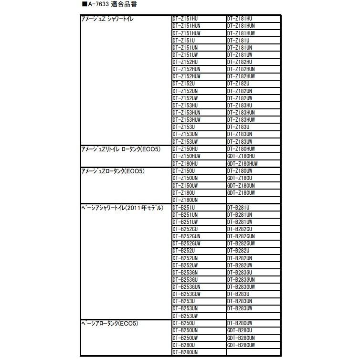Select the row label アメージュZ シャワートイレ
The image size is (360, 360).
(109, 19)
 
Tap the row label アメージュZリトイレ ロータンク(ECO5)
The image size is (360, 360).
(120, 149)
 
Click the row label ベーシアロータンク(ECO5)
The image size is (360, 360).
(110, 323)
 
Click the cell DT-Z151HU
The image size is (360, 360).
(184, 19)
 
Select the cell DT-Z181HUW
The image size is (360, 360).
(241, 33)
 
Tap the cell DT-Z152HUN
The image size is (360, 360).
(186, 69)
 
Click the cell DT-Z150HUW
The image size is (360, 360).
(186, 156)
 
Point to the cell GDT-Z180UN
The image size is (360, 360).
(241, 185)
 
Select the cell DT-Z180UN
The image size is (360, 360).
(185, 200)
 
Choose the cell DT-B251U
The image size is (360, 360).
(183, 208)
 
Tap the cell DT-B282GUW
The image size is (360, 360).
(241, 244)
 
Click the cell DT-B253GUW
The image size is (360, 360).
(186, 294)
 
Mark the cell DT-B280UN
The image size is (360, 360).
(185, 352)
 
